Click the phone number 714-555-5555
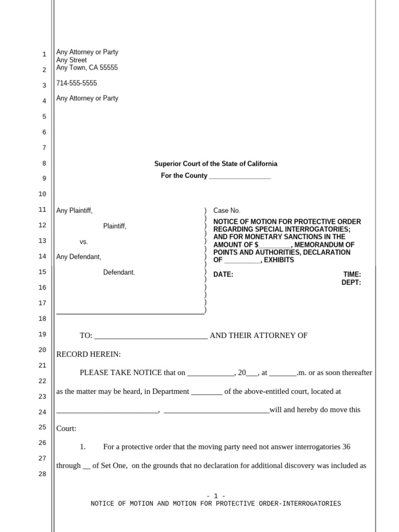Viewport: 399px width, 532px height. [76, 83]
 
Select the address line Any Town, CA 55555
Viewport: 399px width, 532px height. [87, 68]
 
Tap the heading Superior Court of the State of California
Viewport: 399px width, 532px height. [216, 164]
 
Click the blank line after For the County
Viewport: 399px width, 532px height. [240, 176]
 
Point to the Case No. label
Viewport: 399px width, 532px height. [227, 210]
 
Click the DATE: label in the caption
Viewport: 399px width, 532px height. [223, 275]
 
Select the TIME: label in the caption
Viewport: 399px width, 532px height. [352, 275]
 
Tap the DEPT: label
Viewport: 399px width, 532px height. [351, 283]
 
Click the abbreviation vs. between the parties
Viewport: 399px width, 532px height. [84, 242]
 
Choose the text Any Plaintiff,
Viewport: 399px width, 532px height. [74, 210]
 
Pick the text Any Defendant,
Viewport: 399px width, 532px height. [78, 257]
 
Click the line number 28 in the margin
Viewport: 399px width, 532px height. [43, 474]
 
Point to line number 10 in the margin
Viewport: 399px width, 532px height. [43, 194]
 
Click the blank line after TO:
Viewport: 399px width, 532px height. [151, 336]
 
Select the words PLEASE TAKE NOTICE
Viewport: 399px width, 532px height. [121, 373]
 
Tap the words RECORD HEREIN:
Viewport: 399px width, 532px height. [88, 354]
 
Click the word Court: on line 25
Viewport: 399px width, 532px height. [66, 429]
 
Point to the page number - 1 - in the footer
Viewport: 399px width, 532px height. [216, 496]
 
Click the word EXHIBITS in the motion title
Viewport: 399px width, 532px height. [279, 260]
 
